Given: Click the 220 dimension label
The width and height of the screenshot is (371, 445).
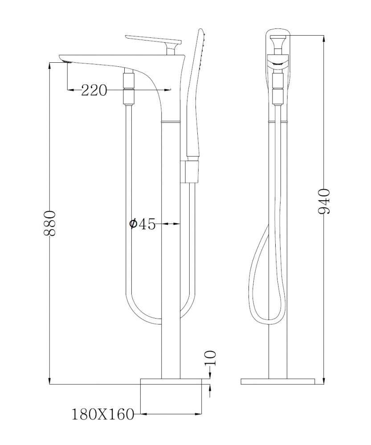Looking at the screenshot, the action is [94, 91].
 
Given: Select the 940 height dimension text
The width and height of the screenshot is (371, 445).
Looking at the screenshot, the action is [324, 201].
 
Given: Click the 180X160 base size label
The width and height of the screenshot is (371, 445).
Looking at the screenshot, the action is [102, 414].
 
